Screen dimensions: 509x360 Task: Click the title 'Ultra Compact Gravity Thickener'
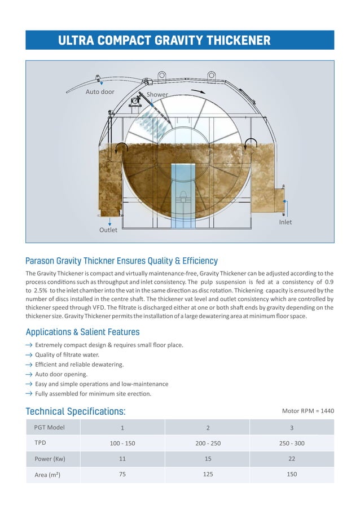click(x=164, y=40)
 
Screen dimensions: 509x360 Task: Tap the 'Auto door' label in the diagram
click(x=100, y=91)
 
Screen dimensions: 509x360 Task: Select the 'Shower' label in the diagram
click(x=157, y=94)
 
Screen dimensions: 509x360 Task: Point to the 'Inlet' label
click(x=286, y=222)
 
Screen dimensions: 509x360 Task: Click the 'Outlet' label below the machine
click(x=108, y=230)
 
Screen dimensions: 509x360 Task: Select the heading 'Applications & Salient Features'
click(x=82, y=332)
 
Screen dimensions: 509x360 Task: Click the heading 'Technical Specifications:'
click(x=76, y=411)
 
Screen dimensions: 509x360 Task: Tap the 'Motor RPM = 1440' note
click(x=308, y=411)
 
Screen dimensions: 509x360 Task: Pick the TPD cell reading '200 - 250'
click(x=208, y=443)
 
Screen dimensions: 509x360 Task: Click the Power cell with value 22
click(x=291, y=459)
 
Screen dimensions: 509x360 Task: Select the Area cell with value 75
click(x=122, y=475)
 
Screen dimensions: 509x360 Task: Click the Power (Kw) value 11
click(x=122, y=459)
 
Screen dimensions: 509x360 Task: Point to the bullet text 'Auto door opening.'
click(x=62, y=374)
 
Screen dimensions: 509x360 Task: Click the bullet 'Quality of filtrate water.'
click(x=67, y=354)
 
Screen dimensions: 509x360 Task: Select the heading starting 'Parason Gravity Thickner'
click(x=121, y=261)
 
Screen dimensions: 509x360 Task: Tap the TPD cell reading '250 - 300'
click(x=291, y=443)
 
